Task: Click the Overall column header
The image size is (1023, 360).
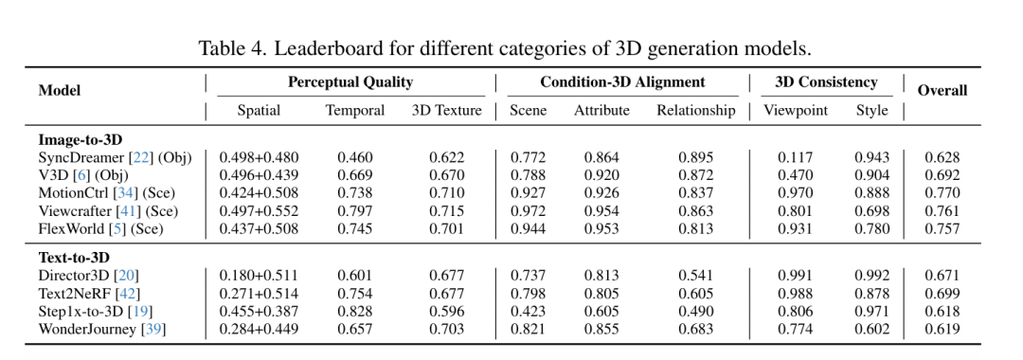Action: coord(942,91)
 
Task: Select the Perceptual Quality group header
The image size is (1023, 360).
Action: coord(350,82)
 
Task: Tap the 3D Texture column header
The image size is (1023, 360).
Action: coord(446,110)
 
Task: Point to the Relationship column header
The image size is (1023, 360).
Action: coord(695,110)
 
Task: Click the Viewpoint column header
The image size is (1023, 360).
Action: coord(796,110)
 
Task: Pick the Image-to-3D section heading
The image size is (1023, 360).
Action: coord(81,140)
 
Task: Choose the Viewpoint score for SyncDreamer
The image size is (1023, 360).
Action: coord(796,157)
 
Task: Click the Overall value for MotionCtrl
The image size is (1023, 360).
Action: coord(942,193)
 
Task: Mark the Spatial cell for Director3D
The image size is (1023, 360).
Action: coord(259,276)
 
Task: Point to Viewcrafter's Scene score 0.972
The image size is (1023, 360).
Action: coord(528,211)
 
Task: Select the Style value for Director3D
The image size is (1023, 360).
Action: coord(871,276)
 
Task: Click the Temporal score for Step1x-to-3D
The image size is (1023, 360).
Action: coord(355,312)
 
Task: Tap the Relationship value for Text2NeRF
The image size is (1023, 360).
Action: coord(695,294)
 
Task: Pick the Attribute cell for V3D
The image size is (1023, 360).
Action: coord(601,175)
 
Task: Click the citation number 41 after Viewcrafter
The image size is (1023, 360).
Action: coord(148,211)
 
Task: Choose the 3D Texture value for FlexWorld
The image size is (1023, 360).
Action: coord(446,229)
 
